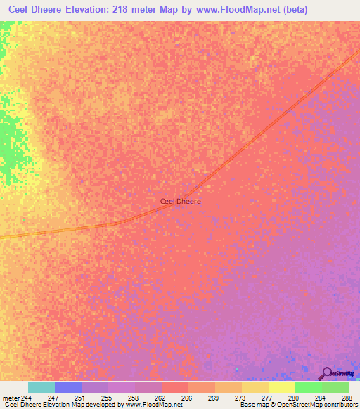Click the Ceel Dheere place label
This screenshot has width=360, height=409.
[x=181, y=201]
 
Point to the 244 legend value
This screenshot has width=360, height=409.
[x=27, y=397]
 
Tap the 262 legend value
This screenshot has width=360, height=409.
[x=160, y=397]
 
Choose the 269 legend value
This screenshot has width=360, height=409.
[x=213, y=397]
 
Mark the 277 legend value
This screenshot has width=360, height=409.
[x=266, y=397]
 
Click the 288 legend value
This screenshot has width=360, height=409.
[x=345, y=397]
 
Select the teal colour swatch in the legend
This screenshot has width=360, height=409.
[x=41, y=387]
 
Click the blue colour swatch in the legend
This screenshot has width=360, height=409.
[x=67, y=387]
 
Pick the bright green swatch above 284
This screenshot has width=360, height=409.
[x=308, y=387]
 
